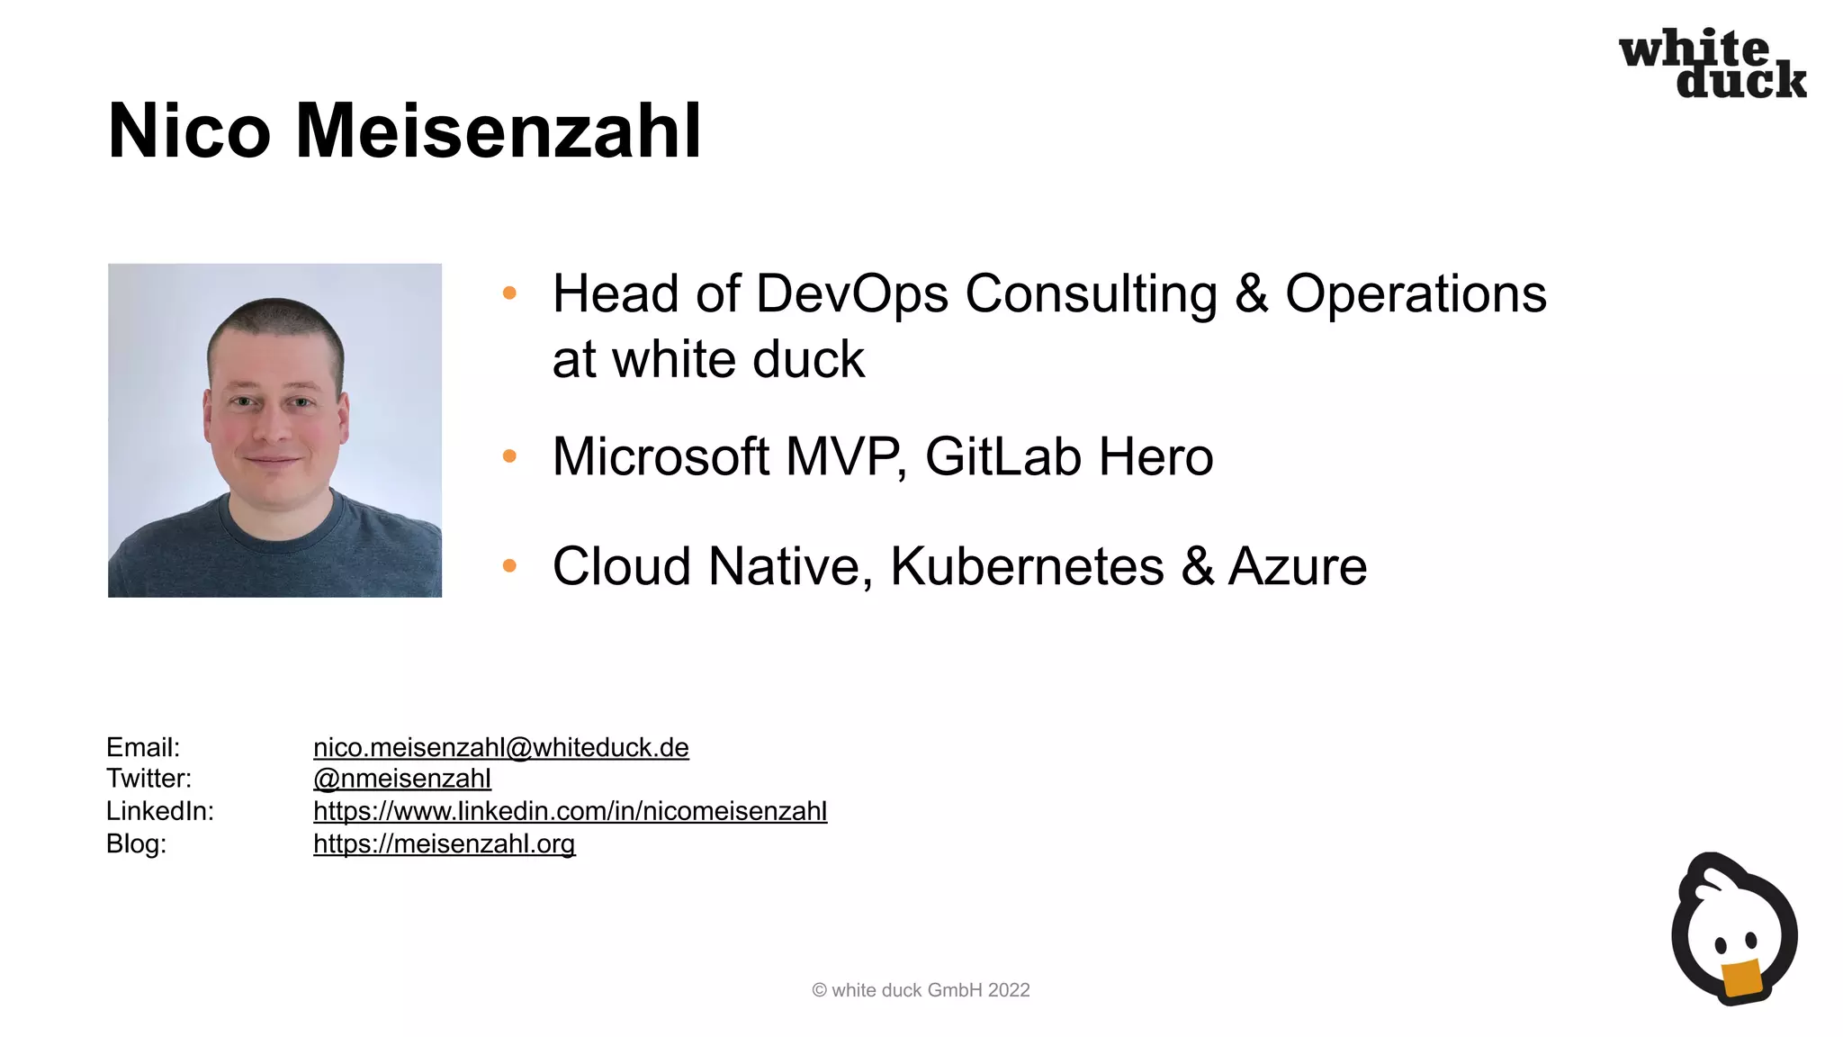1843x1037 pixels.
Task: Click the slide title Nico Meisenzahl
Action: point(404,131)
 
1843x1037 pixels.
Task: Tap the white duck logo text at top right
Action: point(1712,63)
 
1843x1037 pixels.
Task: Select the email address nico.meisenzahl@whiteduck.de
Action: point(500,747)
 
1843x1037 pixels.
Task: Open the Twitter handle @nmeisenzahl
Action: point(401,779)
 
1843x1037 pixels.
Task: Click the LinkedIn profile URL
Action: point(570,811)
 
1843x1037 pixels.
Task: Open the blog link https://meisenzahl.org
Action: point(444,843)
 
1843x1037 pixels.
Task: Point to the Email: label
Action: point(143,747)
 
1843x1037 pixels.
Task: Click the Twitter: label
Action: point(148,779)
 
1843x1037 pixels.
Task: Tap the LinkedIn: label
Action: point(159,811)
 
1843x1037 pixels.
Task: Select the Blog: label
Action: point(136,843)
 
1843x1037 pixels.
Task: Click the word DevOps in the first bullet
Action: point(852,294)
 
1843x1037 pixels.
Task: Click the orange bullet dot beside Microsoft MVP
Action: point(509,456)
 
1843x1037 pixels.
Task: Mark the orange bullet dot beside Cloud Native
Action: point(509,566)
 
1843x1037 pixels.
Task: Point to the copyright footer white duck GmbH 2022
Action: point(921,990)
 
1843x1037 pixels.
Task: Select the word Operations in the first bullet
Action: point(1416,294)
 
